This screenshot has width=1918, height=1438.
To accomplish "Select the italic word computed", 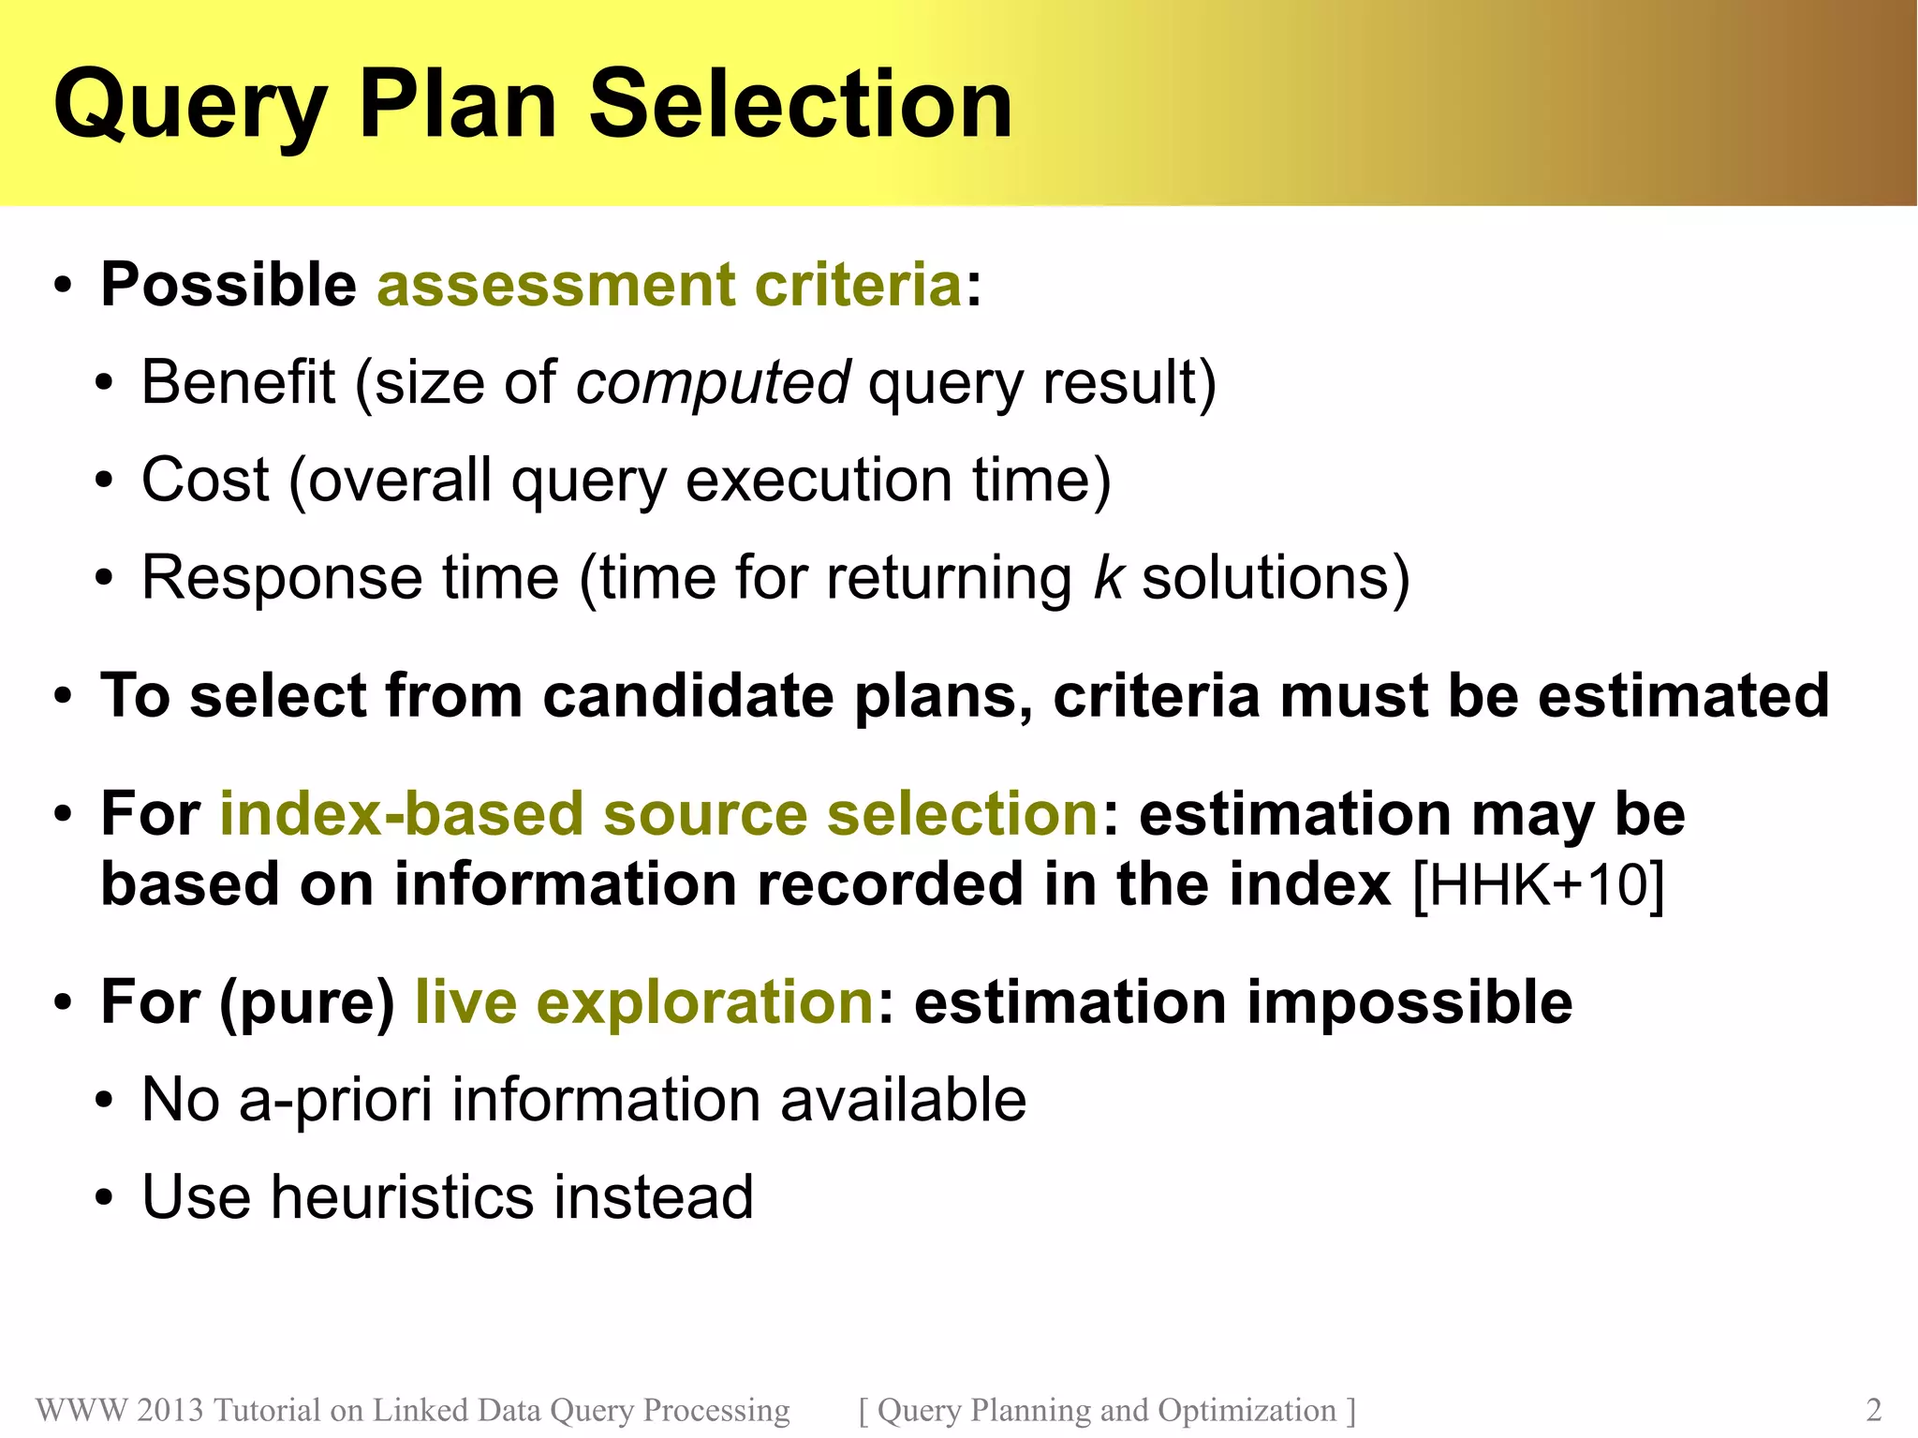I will point(712,383).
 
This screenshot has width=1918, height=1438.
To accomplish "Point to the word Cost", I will point(205,480).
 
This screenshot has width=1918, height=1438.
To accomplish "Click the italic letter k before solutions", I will point(1107,577).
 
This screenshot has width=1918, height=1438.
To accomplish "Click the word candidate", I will point(687,696).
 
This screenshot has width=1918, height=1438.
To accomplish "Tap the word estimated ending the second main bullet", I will point(1683,696).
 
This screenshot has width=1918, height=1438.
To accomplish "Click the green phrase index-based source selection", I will point(658,813).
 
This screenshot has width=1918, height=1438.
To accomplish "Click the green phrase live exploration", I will point(644,1001).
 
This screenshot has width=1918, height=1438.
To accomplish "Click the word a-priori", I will point(335,1100).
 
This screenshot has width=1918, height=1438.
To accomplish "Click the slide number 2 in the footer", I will point(1873,1410).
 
